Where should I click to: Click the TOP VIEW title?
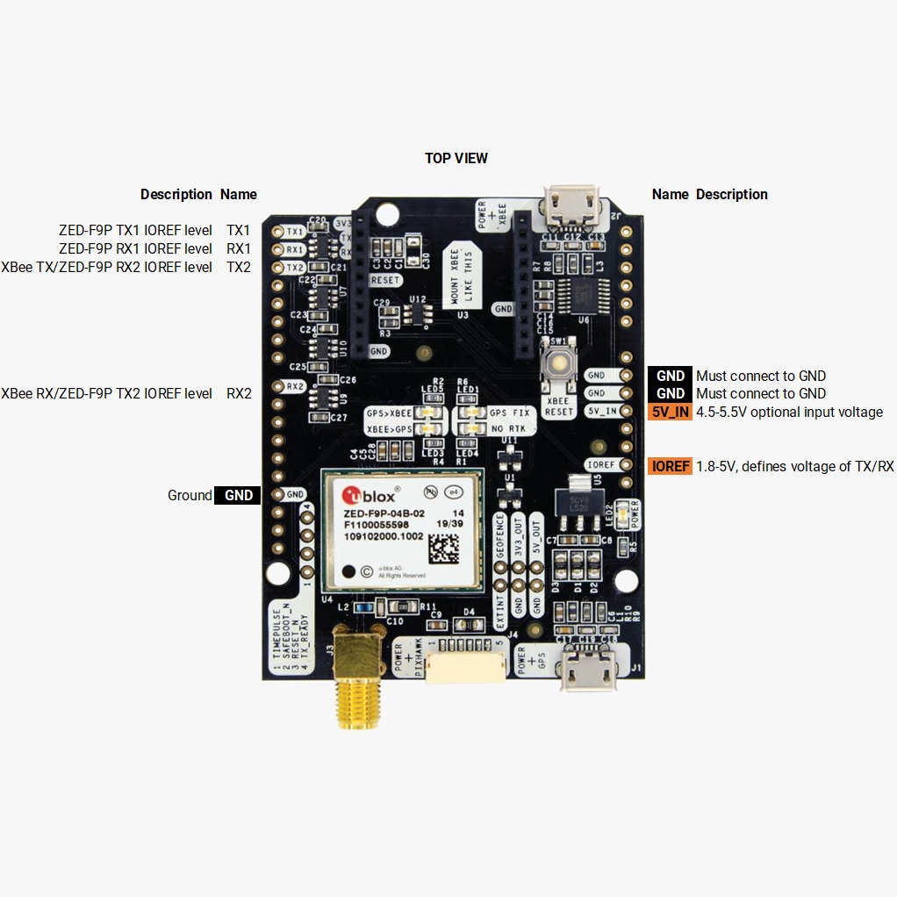coord(456,158)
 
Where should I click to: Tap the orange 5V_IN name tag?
coord(671,412)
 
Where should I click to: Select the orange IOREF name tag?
coord(671,466)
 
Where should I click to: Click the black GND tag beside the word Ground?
coord(238,495)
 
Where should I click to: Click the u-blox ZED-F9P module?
coord(401,529)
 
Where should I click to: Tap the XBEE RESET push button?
coord(558,362)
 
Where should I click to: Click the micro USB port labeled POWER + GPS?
coord(587,671)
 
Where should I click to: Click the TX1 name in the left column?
coord(238,230)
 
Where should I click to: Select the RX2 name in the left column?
coord(239,393)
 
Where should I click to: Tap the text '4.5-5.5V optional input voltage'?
coord(789,412)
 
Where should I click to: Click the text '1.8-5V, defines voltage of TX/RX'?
coord(794,466)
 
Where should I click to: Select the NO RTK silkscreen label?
coord(508,428)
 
